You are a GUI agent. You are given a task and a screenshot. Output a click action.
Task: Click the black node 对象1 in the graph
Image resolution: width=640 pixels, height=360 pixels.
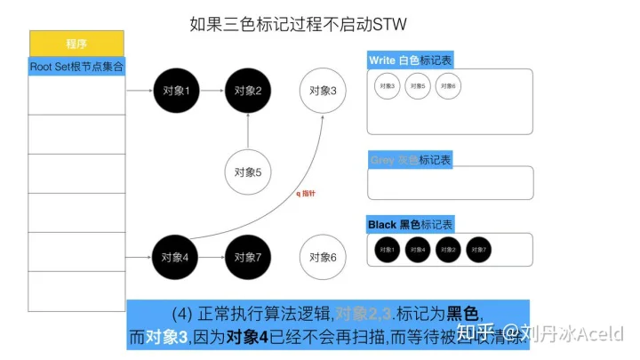pyautogui.click(x=176, y=91)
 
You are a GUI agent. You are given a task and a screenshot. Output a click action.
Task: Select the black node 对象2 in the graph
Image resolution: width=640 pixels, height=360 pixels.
pyautogui.click(x=247, y=91)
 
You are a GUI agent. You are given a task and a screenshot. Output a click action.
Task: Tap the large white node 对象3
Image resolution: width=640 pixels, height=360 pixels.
pyautogui.click(x=323, y=90)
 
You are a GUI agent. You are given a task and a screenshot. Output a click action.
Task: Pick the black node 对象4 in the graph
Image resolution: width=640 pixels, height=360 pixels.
pyautogui.click(x=176, y=258)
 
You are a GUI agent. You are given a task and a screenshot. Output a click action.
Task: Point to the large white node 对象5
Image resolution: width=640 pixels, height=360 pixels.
pyautogui.click(x=247, y=173)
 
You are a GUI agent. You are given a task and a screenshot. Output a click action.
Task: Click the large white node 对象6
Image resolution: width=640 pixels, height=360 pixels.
pyautogui.click(x=323, y=258)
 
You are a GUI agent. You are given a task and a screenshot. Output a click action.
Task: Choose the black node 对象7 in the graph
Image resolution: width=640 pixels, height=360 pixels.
pyautogui.click(x=247, y=258)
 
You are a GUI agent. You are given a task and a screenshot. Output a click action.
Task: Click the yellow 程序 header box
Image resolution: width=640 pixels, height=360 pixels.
pyautogui.click(x=76, y=44)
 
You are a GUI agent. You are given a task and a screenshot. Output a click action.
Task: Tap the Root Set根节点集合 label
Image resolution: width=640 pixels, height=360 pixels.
pyautogui.click(x=76, y=66)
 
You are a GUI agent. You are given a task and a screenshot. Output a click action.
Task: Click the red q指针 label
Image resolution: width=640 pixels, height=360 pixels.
pyautogui.click(x=306, y=194)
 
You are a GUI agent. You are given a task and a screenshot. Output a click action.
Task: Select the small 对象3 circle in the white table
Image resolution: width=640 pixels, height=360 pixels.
pyautogui.click(x=388, y=86)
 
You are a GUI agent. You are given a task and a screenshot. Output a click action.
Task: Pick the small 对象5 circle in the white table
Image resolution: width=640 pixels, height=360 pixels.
pyautogui.click(x=418, y=86)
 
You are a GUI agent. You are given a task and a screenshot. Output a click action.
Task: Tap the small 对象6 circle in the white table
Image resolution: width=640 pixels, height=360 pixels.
pyautogui.click(x=448, y=86)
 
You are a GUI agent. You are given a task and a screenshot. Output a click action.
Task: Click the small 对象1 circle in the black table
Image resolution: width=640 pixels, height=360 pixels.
pyautogui.click(x=388, y=250)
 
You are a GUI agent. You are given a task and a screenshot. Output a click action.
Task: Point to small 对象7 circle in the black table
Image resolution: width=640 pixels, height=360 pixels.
pyautogui.click(x=478, y=250)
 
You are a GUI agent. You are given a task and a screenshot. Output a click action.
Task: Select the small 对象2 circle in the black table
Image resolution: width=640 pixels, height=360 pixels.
pyautogui.click(x=448, y=250)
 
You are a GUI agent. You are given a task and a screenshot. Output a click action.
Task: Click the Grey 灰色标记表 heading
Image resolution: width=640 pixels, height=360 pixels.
pyautogui.click(x=410, y=160)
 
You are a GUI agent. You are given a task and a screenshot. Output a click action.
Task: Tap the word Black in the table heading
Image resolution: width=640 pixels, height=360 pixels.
pyautogui.click(x=382, y=225)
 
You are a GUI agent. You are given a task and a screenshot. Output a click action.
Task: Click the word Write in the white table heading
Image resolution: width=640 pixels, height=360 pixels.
pyautogui.click(x=382, y=60)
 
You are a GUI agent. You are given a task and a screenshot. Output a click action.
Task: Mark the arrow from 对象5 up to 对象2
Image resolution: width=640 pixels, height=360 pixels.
pyautogui.click(x=247, y=132)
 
